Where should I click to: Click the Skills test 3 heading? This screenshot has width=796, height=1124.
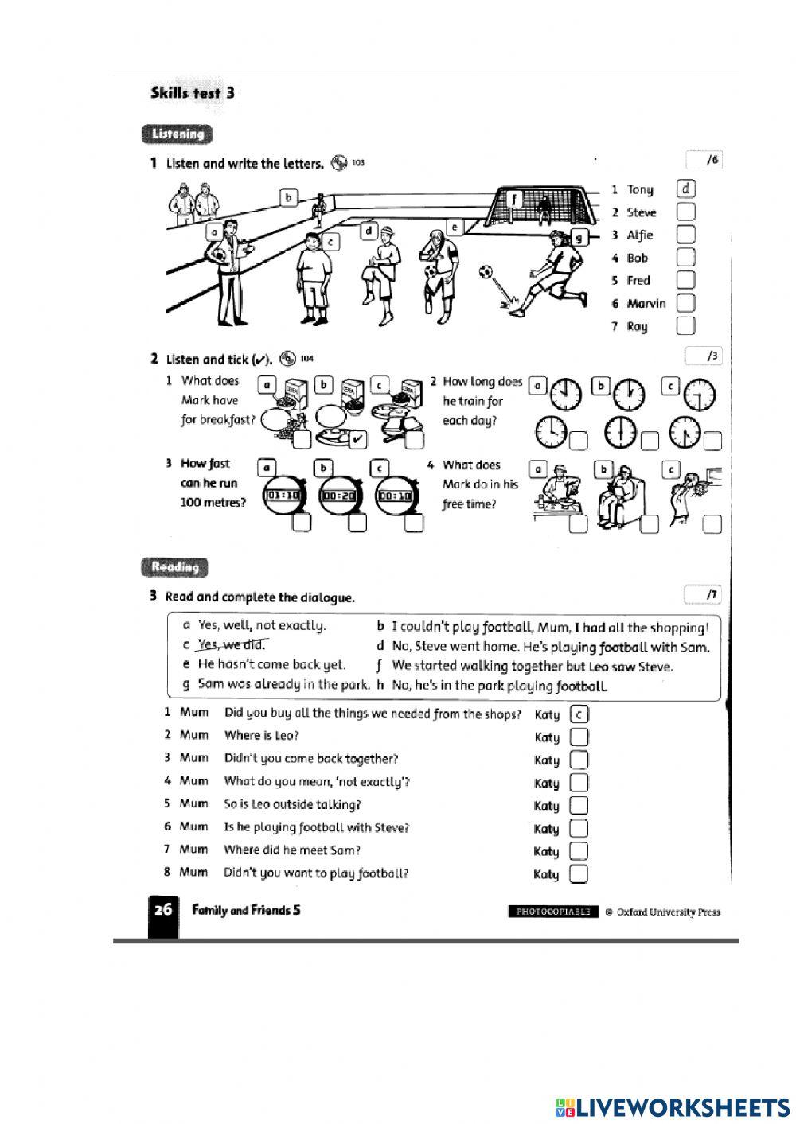tap(192, 93)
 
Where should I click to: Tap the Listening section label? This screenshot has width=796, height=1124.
tap(178, 134)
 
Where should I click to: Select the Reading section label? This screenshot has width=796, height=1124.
tap(175, 567)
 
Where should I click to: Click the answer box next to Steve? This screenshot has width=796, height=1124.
tap(685, 212)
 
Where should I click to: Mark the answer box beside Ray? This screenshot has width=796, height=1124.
tap(685, 325)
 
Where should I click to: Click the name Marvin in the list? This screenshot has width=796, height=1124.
tap(646, 303)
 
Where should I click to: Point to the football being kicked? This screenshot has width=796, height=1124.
tap(486, 273)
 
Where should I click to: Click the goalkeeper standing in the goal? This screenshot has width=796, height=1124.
tap(544, 208)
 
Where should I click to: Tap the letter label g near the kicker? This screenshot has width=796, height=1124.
tap(579, 236)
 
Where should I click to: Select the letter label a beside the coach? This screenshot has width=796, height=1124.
tap(213, 231)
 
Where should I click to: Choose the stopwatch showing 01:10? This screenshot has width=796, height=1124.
tap(283, 495)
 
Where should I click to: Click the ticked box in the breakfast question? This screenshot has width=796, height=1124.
tap(358, 438)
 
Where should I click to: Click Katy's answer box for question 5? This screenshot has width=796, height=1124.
tap(579, 806)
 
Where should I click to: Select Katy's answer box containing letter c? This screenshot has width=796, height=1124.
tap(579, 714)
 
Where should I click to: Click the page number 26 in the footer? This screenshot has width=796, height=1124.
tap(162, 910)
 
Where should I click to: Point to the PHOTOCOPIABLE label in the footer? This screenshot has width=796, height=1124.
tap(553, 912)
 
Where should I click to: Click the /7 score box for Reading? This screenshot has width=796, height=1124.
tap(702, 594)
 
